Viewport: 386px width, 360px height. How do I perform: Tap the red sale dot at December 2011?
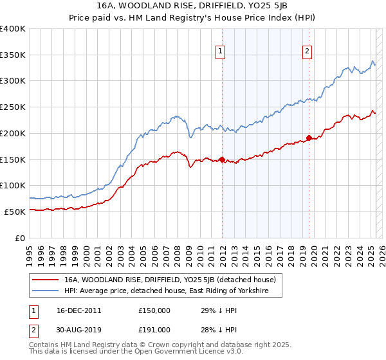[x=222, y=159]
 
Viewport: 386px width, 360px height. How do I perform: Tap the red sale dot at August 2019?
[x=309, y=138]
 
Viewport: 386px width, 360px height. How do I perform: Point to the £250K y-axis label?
[x=13, y=107]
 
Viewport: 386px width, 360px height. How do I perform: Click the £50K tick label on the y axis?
[x=15, y=212]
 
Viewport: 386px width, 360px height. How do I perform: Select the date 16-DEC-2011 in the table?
[x=75, y=310]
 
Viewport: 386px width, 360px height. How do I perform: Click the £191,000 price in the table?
[x=154, y=329]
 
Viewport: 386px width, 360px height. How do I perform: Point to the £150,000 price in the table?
[x=154, y=310]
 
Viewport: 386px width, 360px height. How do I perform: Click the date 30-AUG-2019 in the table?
[x=75, y=329]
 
